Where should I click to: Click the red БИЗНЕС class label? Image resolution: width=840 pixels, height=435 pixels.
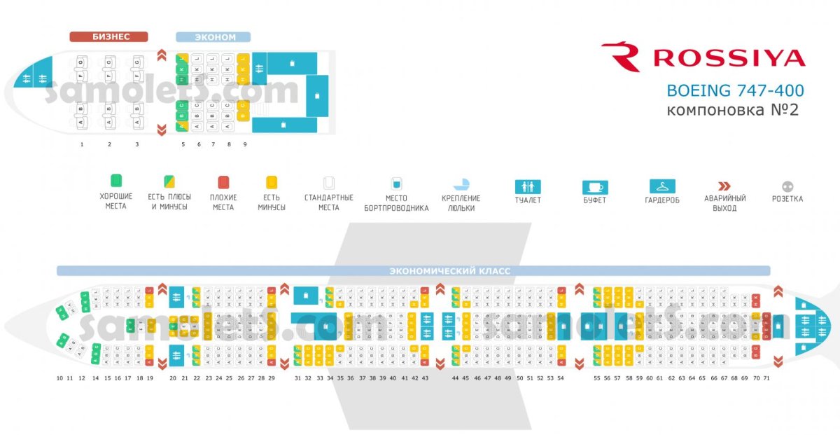108,37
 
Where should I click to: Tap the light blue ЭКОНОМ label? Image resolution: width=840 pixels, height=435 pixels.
213,37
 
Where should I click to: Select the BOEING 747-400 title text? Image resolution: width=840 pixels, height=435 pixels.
735,90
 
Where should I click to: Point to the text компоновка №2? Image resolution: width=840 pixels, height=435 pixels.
732,110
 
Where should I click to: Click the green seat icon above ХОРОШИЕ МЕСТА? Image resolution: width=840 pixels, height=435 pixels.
116,181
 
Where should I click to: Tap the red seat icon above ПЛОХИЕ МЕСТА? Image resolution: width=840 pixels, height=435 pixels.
223,182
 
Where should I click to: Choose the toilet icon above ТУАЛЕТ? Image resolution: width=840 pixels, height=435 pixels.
528,187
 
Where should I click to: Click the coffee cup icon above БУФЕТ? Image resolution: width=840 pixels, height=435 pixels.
595,187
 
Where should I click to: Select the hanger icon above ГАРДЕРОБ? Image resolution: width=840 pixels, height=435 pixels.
662,186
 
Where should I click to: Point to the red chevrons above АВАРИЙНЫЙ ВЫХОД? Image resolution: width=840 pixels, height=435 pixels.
724,186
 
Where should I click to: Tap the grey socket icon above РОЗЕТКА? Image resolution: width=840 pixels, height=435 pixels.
787,187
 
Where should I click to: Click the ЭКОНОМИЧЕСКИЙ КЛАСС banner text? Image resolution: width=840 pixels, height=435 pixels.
449,270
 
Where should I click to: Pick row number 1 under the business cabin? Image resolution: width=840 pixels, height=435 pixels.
82,144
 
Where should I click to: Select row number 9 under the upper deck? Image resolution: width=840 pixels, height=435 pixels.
244,144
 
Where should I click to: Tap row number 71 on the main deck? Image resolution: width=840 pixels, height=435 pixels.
766,378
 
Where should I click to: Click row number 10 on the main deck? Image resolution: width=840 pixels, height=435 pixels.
59,378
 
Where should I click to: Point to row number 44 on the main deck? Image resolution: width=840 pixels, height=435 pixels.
455,378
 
